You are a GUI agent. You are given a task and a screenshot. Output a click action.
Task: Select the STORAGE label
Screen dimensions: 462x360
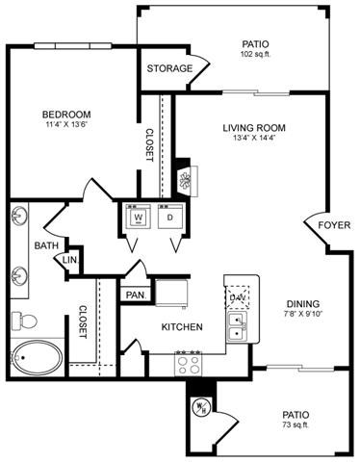(168, 68)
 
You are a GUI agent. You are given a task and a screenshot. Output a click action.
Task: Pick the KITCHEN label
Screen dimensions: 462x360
(181, 327)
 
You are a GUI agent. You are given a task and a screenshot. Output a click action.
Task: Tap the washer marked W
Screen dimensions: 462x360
(138, 218)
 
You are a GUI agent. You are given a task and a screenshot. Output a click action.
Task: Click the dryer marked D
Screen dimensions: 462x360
(171, 218)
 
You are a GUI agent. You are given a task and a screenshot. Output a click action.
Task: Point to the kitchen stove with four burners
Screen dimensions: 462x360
(189, 363)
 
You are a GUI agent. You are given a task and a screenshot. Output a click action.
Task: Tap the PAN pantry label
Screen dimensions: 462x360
(133, 295)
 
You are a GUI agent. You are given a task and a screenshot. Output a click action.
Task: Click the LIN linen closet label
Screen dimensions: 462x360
(68, 260)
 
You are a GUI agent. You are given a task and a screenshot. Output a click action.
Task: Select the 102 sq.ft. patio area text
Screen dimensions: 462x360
(255, 55)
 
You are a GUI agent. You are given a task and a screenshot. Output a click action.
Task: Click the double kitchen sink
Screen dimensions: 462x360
(236, 326)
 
